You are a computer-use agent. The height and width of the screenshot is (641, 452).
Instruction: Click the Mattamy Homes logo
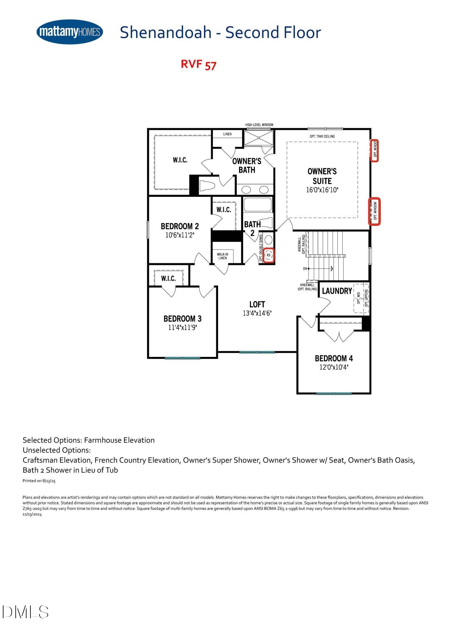tap(70, 32)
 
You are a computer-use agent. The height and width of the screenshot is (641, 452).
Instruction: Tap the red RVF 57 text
tap(199, 64)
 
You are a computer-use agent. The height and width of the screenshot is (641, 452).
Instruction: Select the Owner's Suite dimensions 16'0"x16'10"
tap(322, 190)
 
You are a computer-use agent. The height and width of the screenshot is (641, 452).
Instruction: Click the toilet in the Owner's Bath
tap(209, 186)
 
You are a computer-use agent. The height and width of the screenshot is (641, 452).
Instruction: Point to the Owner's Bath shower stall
tap(259, 138)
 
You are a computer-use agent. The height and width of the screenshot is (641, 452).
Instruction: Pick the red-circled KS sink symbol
tap(269, 256)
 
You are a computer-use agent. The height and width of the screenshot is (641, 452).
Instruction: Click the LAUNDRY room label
tap(337, 291)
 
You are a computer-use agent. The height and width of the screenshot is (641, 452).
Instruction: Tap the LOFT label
tap(257, 304)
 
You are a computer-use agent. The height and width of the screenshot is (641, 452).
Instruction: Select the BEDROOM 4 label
tap(334, 358)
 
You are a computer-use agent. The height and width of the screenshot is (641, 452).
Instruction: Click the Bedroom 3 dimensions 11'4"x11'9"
tap(182, 327)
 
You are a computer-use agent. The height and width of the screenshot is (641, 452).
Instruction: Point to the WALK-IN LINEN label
tap(223, 256)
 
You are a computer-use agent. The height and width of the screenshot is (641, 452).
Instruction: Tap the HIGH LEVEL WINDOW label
tap(259, 125)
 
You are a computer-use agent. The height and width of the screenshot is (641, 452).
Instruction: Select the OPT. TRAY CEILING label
tap(322, 136)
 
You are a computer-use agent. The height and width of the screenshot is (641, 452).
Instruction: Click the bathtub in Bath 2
tap(258, 205)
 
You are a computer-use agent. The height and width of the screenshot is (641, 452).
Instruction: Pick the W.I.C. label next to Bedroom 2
tap(224, 210)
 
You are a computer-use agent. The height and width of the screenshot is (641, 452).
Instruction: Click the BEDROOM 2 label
tap(180, 226)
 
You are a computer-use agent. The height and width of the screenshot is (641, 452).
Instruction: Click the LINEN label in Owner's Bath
tap(227, 134)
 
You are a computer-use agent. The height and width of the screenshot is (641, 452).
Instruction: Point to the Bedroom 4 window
tap(334, 393)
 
